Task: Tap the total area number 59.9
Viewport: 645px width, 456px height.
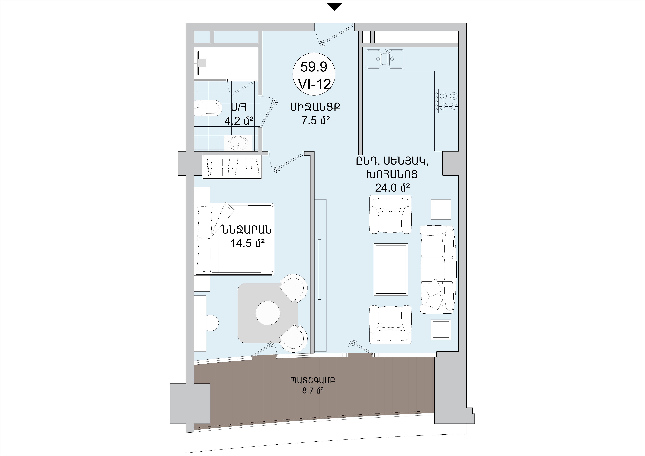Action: click(x=314, y=67)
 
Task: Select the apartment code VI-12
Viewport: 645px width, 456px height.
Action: click(x=314, y=84)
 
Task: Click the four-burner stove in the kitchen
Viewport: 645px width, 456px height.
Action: click(x=446, y=101)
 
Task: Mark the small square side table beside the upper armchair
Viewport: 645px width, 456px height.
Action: click(x=441, y=209)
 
